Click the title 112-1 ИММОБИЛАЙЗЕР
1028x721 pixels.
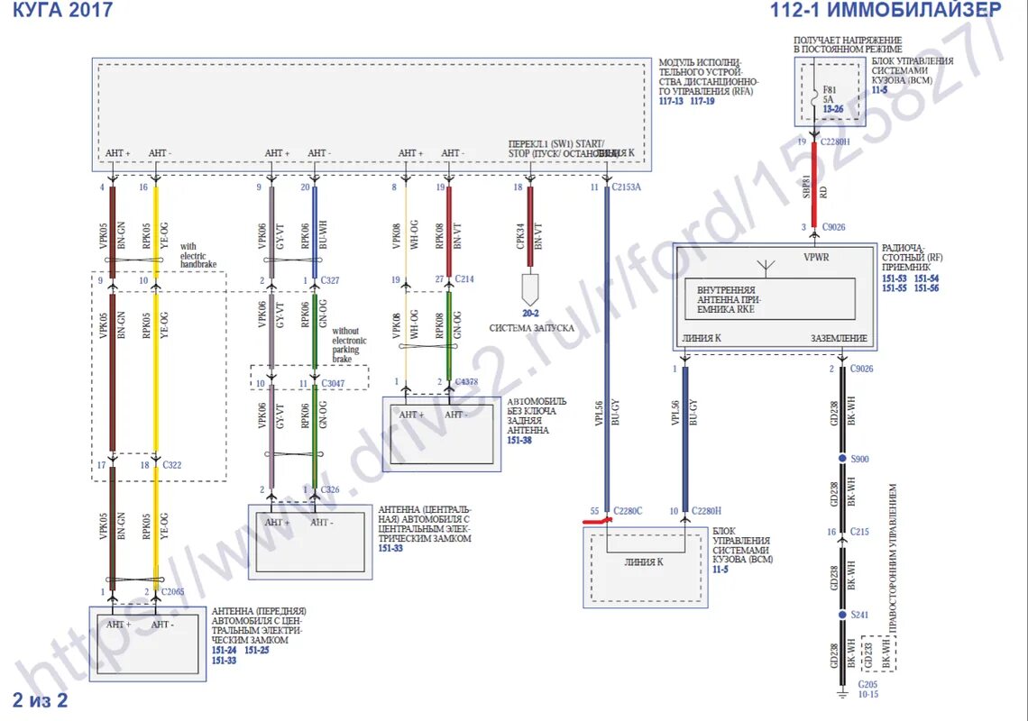coord(886,10)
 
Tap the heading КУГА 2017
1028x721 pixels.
coord(62,10)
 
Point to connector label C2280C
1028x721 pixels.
coord(627,511)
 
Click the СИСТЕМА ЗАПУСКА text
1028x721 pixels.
coord(531,328)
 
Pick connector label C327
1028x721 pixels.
coord(329,280)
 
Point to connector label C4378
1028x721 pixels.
coord(467,382)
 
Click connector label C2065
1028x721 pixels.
coord(173,591)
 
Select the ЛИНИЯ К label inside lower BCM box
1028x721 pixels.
coord(644,561)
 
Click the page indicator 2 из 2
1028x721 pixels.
coord(40,700)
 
